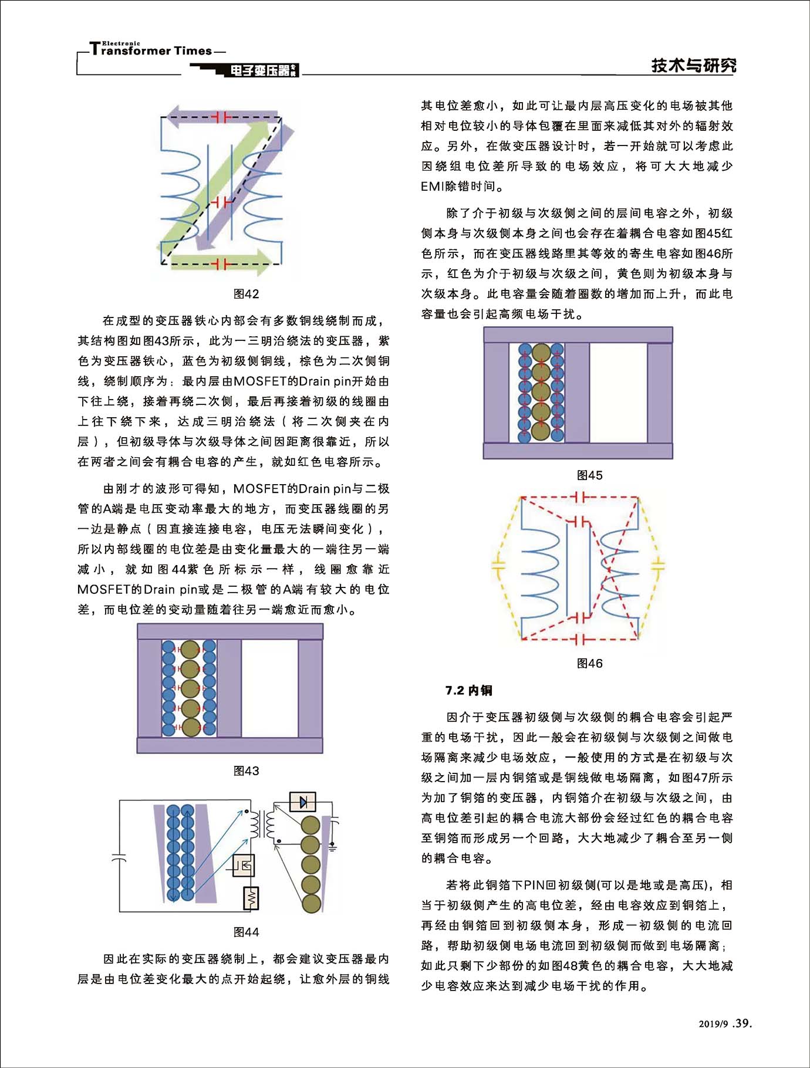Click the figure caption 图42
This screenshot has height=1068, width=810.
(246, 294)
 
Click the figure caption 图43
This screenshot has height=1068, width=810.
(246, 770)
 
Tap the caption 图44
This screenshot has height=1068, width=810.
(246, 932)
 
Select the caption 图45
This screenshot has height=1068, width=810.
(589, 475)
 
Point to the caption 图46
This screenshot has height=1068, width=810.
(589, 663)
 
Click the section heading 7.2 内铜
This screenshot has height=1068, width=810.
(468, 691)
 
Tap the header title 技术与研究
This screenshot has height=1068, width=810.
(693, 65)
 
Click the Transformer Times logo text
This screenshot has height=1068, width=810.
(151, 50)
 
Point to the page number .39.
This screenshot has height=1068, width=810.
(742, 1023)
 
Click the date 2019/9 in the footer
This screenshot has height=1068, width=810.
(713, 1024)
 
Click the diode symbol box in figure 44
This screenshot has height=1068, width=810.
(303, 802)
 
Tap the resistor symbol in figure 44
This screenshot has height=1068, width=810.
(251, 898)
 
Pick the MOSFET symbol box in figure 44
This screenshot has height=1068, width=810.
(244, 866)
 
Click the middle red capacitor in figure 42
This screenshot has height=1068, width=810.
(222, 202)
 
